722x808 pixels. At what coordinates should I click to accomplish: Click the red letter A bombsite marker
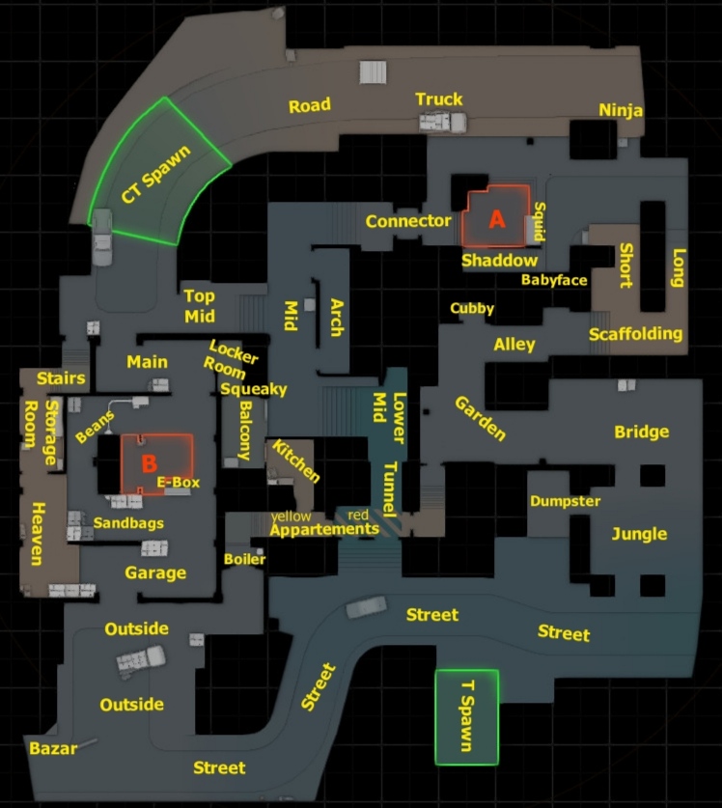point(497,219)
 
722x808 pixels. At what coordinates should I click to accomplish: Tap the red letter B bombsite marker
point(149,463)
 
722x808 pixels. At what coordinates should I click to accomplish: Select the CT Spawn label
point(157,175)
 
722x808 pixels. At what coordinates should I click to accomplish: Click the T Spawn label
point(467,715)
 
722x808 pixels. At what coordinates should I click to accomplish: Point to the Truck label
point(439,99)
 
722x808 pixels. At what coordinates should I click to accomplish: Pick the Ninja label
point(621,109)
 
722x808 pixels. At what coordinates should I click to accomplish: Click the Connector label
point(408,221)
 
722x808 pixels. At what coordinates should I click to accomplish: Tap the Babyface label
point(554,280)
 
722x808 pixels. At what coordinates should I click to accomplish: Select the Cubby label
point(472,309)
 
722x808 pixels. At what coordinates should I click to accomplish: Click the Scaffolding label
point(636,334)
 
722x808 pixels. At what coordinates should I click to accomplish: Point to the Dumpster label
point(565,501)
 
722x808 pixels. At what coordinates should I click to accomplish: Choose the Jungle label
point(639,534)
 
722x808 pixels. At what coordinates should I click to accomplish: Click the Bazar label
point(53,748)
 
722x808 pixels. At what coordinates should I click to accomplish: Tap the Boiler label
point(244,559)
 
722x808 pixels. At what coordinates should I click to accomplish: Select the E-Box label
point(178,481)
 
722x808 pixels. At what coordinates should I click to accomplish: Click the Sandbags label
point(128,523)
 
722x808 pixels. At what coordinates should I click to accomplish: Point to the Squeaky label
point(253,389)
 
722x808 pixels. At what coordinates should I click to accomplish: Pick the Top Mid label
point(199,306)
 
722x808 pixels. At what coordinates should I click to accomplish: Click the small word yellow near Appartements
point(291,516)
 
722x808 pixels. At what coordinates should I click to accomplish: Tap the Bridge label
point(642,432)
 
